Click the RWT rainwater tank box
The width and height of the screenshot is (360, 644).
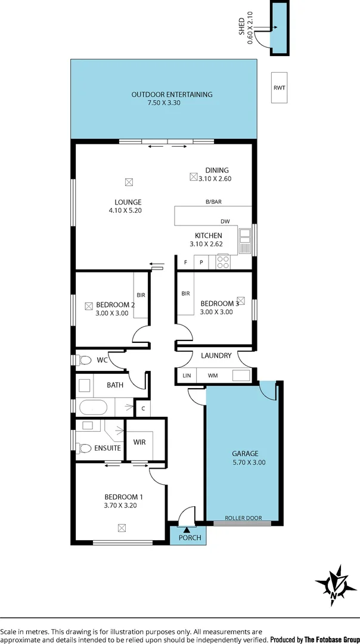(279, 88)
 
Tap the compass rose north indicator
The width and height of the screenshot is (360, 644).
(334, 585)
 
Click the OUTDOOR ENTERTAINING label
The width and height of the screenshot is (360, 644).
(172, 94)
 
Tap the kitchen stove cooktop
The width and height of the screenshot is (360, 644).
(223, 261)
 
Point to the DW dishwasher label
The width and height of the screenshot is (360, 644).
(225, 221)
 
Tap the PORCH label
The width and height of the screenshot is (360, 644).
(190, 538)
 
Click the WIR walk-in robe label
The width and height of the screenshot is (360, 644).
(139, 442)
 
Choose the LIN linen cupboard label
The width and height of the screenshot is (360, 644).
(187, 376)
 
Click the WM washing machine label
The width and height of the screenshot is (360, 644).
(212, 376)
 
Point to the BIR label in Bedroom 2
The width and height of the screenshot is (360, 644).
(141, 295)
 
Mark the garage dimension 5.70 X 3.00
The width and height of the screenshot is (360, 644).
(249, 462)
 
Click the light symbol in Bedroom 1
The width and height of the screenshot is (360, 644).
(122, 527)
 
